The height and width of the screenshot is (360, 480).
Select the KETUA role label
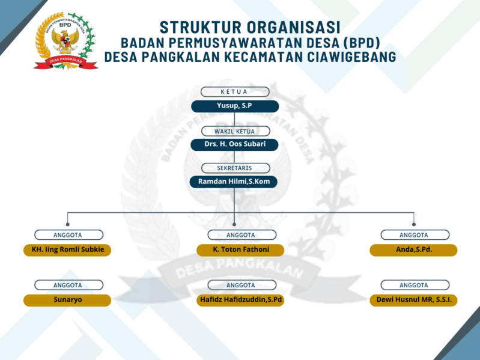click(235, 92)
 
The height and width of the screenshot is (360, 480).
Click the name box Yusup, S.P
click(235, 106)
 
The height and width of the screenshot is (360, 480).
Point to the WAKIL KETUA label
click(235, 130)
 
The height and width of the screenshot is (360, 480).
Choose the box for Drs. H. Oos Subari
click(235, 145)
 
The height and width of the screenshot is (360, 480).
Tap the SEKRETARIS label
click(235, 168)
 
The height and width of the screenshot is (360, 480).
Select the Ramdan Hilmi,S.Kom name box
click(234, 182)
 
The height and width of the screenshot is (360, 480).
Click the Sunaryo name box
click(67, 300)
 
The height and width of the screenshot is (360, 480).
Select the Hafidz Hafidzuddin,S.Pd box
click(240, 300)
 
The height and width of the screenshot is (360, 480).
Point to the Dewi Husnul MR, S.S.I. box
click(413, 300)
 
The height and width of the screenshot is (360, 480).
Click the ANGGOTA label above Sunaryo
click(68, 285)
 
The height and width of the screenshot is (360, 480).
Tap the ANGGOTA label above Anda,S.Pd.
click(415, 235)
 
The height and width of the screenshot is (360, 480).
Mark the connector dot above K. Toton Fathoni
click(234, 224)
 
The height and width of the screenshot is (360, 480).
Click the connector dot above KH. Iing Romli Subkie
click(67, 224)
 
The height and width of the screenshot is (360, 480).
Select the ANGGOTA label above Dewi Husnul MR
click(415, 285)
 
